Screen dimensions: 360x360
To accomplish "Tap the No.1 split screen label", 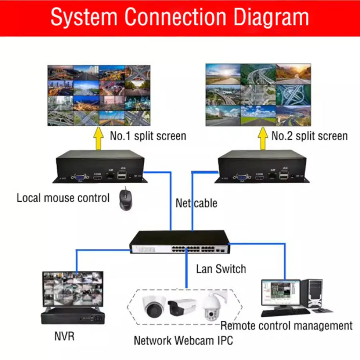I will (148, 136).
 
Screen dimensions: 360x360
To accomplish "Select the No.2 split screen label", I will (309, 136).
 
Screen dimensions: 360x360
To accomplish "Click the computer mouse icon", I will (125, 198).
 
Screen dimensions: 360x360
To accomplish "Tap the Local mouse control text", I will (63, 198).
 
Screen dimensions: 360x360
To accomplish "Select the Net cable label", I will (196, 203).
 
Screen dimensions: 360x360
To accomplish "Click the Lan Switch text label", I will (221, 269).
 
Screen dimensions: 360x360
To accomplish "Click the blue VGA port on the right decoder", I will (241, 176).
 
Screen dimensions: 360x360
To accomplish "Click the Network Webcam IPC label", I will (183, 341).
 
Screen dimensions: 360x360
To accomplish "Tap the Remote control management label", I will (286, 326).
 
